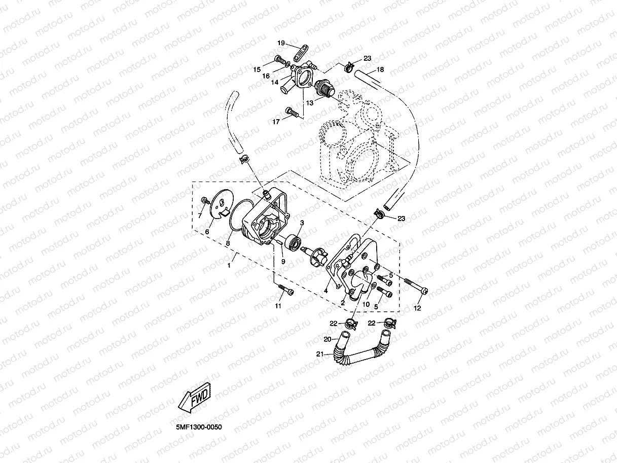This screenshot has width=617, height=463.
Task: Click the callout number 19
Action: point(281,43)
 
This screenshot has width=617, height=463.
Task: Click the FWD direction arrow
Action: point(195,397)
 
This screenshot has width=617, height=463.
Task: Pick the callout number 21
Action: point(319,354)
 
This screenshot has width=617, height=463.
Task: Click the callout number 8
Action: point(228,243)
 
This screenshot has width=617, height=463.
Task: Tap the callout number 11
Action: point(277,306)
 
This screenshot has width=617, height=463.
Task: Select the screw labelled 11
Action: point(286,291)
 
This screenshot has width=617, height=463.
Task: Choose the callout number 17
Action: point(276,122)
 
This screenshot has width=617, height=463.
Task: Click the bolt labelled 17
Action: point(291,111)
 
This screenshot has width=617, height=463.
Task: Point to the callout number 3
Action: point(301,223)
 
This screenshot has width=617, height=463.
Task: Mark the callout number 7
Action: point(200,216)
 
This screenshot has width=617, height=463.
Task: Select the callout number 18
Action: point(380,69)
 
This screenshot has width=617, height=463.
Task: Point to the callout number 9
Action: point(283,262)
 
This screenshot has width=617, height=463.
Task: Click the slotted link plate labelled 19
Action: point(302,51)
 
